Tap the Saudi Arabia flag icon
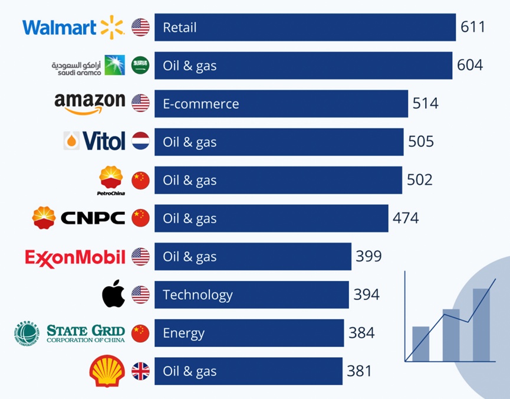click(140, 65)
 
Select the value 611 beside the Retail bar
click(473, 27)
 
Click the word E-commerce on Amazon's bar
click(201, 104)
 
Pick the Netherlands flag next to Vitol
click(140, 142)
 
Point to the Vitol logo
click(95, 141)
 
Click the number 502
click(420, 179)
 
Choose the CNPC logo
click(79, 218)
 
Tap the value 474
click(406, 218)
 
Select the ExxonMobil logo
click(75, 257)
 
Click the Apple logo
click(114, 294)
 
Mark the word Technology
click(198, 295)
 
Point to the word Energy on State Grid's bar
click(183, 333)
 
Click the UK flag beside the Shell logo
click(140, 371)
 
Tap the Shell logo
click(106, 371)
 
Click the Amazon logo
click(90, 103)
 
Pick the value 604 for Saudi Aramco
click(470, 65)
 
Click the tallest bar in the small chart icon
click(481, 325)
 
